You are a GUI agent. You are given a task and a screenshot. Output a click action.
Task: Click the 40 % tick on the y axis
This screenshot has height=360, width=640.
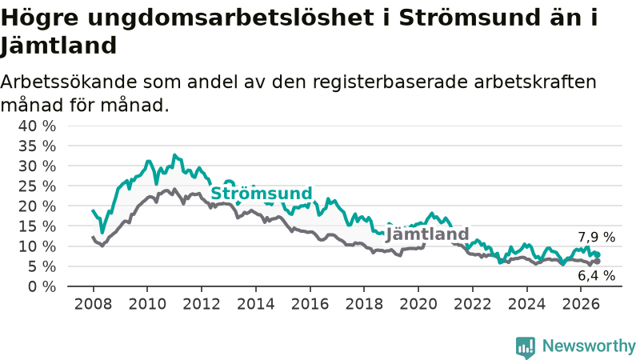pos(37,126)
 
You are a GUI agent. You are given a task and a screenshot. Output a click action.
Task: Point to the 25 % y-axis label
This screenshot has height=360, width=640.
pos(37,186)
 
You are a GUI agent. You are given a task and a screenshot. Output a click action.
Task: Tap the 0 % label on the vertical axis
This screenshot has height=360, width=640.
pos(42,287)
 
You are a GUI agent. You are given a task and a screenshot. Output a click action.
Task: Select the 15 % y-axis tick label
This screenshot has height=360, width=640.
pos(37,226)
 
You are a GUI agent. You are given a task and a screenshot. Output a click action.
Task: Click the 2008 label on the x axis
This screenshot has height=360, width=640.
pos(93,304)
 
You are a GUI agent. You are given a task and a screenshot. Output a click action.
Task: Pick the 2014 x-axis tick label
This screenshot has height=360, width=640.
pos(256,304)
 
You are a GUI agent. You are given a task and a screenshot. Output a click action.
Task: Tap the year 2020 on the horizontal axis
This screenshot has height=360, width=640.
pos(418,304)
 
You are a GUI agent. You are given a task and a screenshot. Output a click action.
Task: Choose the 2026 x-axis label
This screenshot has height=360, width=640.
pos(581,304)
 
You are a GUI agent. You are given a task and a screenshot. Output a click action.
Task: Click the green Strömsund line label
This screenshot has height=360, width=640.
pos(262,193)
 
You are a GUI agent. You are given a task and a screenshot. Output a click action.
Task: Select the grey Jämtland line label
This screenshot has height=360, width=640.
pos(427,234)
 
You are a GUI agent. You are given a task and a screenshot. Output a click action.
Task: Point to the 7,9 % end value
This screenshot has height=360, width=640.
pos(596,237)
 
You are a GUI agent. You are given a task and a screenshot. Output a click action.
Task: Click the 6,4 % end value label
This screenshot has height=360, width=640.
pos(596,276)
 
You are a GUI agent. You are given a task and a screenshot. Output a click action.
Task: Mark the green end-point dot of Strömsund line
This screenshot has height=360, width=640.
pos(598,254)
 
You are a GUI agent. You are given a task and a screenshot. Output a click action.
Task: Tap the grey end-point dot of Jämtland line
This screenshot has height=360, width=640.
pos(598,262)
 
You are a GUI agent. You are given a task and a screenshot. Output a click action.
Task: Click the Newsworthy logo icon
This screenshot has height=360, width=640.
pos(526,347)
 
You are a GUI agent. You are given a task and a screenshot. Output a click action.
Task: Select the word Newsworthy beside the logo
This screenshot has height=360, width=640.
pos(589,346)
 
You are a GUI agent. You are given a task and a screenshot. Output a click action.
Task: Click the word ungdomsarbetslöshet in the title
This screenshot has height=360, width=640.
pos(230,18)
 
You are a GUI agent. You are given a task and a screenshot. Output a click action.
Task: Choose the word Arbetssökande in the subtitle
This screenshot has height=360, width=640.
pos(69,82)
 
